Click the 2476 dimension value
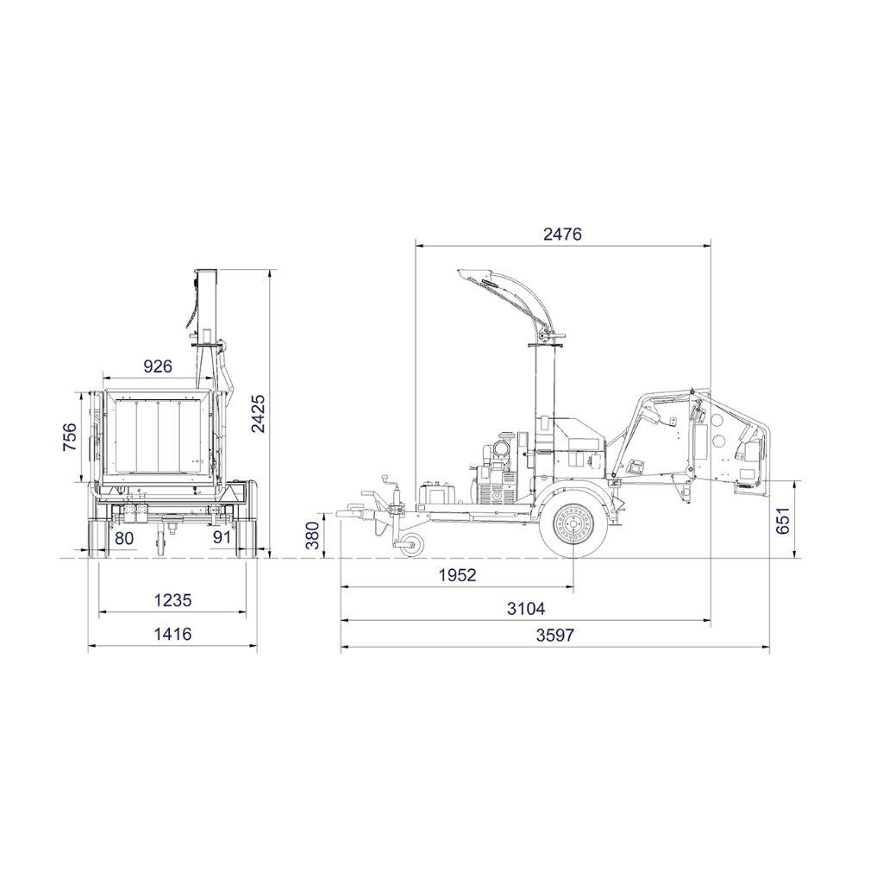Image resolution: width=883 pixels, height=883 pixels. click(x=562, y=234)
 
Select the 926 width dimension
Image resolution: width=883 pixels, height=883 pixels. click(x=158, y=366)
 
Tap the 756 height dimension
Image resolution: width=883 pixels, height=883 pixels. click(x=69, y=436)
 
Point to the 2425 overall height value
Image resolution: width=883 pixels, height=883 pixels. click(x=258, y=413)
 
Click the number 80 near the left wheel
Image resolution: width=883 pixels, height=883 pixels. click(x=124, y=538)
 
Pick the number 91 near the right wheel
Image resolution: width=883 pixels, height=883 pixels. click(x=222, y=536)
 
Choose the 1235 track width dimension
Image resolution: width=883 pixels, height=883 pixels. click(x=172, y=600)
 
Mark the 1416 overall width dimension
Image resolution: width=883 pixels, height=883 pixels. click(x=172, y=634)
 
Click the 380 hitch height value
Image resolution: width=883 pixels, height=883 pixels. click(x=312, y=535)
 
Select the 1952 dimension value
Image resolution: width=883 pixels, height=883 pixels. click(x=457, y=575)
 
